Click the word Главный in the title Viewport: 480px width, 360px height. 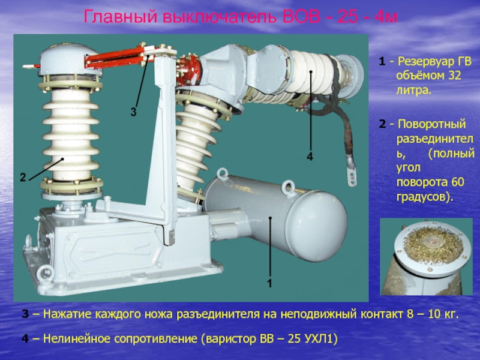coord(121,17)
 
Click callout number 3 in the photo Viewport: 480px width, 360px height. coord(133,112)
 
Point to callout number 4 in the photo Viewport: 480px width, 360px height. coord(310,157)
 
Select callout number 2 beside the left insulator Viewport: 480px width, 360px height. coord(23,177)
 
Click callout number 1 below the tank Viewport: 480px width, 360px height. coord(269,283)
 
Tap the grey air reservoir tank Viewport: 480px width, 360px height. coord(275,217)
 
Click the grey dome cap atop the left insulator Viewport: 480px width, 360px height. coord(70,59)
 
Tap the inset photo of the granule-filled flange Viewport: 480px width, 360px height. coord(426,257)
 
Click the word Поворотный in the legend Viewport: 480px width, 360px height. coord(431,124)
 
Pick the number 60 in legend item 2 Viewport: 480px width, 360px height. coord(458,182)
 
